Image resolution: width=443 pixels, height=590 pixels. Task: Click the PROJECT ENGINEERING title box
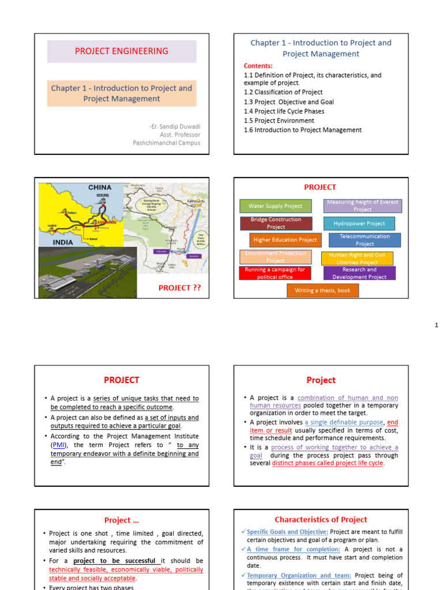[x=122, y=51]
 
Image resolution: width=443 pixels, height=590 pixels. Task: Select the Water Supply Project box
[x=275, y=206]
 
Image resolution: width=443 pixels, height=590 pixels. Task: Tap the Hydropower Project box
[x=359, y=224]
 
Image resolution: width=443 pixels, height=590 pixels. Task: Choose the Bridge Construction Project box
[x=275, y=224]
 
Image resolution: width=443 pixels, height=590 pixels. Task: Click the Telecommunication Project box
[x=364, y=240]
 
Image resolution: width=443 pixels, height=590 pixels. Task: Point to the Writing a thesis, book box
[x=322, y=290]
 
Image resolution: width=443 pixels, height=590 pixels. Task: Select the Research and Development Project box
[x=359, y=273]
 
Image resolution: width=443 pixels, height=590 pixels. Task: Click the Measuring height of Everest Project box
[x=363, y=206]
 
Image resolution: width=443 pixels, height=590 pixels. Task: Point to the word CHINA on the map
[x=100, y=188]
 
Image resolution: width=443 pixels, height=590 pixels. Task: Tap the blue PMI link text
[x=57, y=445]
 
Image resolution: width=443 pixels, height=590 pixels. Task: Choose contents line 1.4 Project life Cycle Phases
[x=284, y=111]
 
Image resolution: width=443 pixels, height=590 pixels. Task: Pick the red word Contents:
[x=258, y=66]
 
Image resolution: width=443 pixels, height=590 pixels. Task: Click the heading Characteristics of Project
[x=321, y=520]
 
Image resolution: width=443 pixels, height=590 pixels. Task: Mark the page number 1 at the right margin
[x=437, y=326]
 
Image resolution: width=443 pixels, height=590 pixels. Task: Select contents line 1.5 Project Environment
[x=279, y=120]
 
